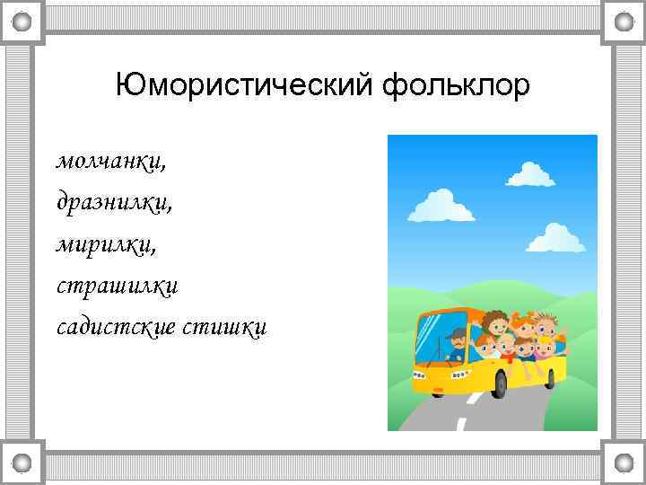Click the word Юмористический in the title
click(246, 87)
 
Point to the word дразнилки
click(114, 202)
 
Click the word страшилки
click(118, 286)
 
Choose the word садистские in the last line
click(114, 327)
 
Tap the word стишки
click(224, 327)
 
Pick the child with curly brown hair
click(493, 322)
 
